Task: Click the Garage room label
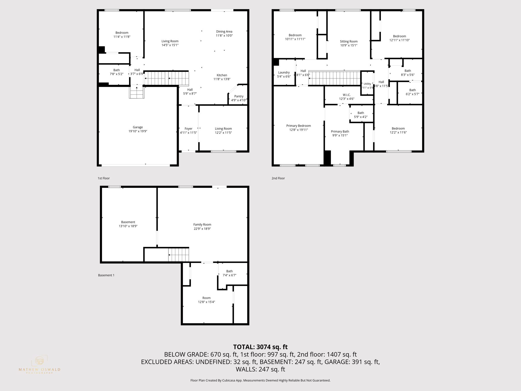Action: (x=138, y=127)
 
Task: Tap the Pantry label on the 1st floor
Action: (x=239, y=96)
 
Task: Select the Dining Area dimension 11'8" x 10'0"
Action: (x=224, y=36)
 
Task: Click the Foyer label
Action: (x=189, y=129)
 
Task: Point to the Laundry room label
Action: (x=284, y=73)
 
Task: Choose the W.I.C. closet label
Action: (x=346, y=95)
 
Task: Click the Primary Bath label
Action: (x=340, y=132)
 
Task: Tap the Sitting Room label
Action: (x=349, y=41)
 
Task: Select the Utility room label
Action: (x=367, y=84)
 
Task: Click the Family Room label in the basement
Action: (x=202, y=225)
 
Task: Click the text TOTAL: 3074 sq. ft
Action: (x=260, y=347)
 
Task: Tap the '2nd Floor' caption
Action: (x=278, y=178)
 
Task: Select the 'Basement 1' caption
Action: (x=106, y=275)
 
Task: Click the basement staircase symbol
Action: (x=179, y=255)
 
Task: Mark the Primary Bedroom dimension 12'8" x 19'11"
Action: (x=298, y=130)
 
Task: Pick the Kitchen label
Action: (x=222, y=75)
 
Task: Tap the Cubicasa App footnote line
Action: (x=260, y=380)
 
